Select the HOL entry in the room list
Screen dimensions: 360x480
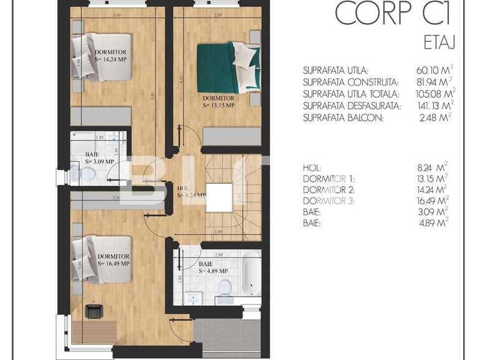(312, 167)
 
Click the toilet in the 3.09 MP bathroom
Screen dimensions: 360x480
(85, 176)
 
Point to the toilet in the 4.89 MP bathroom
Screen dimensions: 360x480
(224, 287)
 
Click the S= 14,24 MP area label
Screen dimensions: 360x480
(113, 60)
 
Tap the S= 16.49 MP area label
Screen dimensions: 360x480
(113, 263)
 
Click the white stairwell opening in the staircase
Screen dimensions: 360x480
(220, 198)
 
